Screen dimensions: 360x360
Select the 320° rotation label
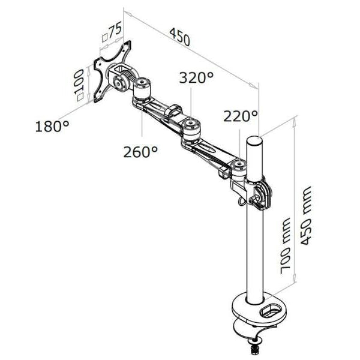click(x=195, y=78)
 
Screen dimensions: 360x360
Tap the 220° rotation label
click(x=240, y=116)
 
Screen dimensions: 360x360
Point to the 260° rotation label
click(x=140, y=152)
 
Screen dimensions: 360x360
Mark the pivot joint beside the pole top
click(x=240, y=167)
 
